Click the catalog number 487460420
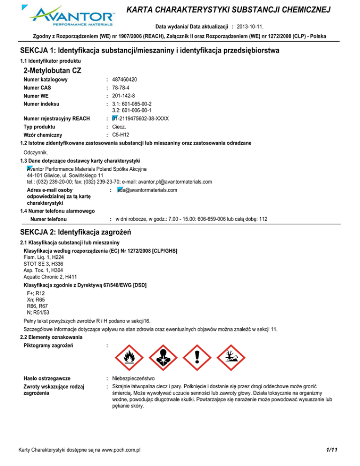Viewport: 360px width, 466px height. click(125, 80)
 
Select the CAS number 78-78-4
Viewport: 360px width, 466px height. click(121, 88)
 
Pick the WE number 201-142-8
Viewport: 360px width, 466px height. click(123, 96)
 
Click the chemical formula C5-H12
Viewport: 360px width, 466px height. click(121, 135)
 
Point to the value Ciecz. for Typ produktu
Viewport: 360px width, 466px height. click(120, 127)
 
